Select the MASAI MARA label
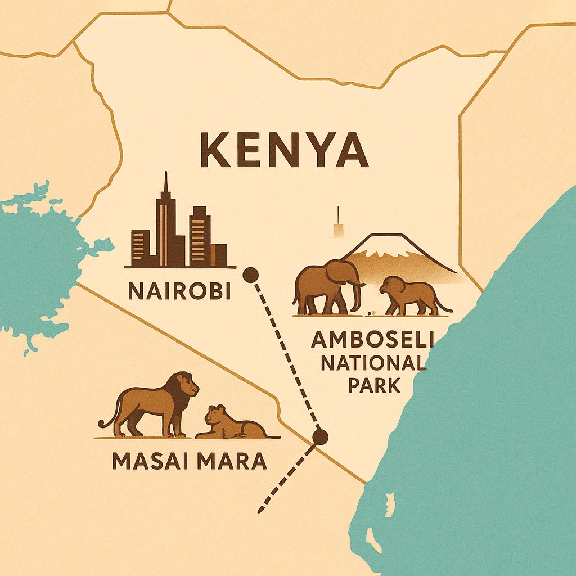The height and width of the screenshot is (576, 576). pyautogui.click(x=190, y=461)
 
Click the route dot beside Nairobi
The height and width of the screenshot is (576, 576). pyautogui.click(x=250, y=275)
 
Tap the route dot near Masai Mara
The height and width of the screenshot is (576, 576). pyautogui.click(x=321, y=437)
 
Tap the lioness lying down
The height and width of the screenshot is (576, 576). pyautogui.click(x=231, y=425)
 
